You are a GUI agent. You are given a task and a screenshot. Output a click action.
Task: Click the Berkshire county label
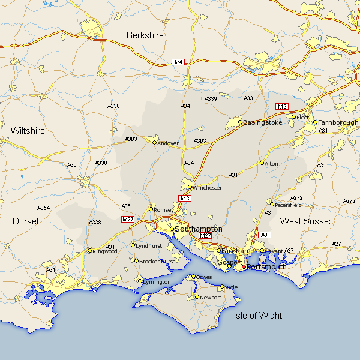(145, 36)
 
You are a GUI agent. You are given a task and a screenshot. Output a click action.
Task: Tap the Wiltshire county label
(28, 130)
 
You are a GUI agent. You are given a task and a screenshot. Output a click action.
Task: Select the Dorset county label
(26, 221)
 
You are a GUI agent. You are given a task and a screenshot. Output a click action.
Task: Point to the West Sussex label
(306, 221)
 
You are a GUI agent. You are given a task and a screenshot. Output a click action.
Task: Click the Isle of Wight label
(258, 316)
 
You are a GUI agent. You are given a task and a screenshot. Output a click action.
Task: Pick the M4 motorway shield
(178, 62)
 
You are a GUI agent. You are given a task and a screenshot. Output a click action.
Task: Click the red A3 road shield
(265, 235)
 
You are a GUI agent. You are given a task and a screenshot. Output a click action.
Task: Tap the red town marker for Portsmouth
(244, 266)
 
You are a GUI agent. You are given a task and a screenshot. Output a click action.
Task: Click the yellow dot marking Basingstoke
(240, 122)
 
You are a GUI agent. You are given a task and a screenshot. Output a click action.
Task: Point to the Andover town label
(168, 143)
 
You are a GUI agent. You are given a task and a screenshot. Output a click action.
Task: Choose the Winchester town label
(207, 188)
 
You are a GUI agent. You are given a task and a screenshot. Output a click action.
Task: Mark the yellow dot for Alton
(262, 163)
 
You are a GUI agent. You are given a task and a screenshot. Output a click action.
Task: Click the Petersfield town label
(288, 205)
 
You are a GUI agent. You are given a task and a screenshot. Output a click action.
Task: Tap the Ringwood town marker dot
(89, 251)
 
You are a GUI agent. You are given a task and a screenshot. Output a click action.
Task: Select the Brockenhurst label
(157, 262)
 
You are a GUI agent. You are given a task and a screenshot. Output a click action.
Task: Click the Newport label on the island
(211, 298)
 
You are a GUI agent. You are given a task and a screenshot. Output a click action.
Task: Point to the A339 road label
(211, 98)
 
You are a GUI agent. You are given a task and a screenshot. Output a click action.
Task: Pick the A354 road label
(43, 208)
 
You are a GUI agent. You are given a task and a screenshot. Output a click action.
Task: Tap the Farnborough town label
(338, 122)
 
